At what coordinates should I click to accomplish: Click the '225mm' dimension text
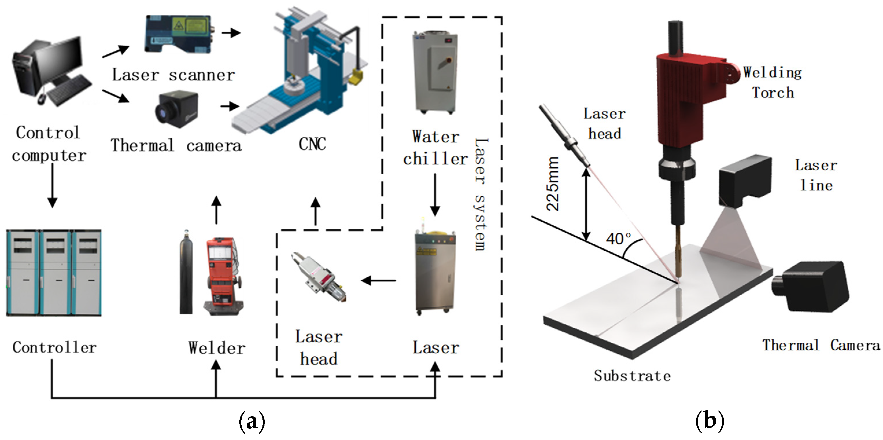coord(553,184)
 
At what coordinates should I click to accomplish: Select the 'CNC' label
coord(312,144)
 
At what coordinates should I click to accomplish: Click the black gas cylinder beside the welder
coord(186,273)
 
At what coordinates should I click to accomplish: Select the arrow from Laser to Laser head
coord(379,280)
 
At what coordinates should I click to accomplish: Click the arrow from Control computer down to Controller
coord(52,185)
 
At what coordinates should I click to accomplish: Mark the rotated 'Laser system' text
coord(481,194)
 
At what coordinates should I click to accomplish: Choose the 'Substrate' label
coord(632,376)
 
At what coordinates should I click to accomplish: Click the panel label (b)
coord(710,420)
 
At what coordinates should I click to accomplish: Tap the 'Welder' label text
coord(217,348)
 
